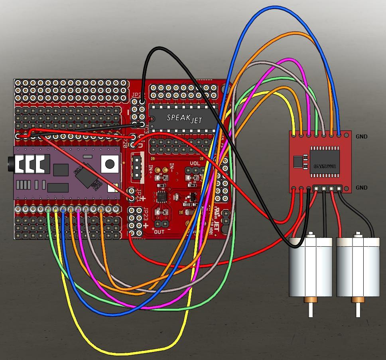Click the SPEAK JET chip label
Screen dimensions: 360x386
coord(185,118)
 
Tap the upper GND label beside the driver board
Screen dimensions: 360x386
coord(361,136)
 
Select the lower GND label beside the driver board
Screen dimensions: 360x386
coord(361,188)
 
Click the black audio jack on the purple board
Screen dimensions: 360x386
coord(10,164)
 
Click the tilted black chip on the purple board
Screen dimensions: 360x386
coord(86,176)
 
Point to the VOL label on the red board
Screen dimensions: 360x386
coord(195,164)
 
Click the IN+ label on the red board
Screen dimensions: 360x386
coord(152,169)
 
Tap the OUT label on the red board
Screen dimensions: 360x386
coord(160,232)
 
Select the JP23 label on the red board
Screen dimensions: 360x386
coord(146,213)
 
